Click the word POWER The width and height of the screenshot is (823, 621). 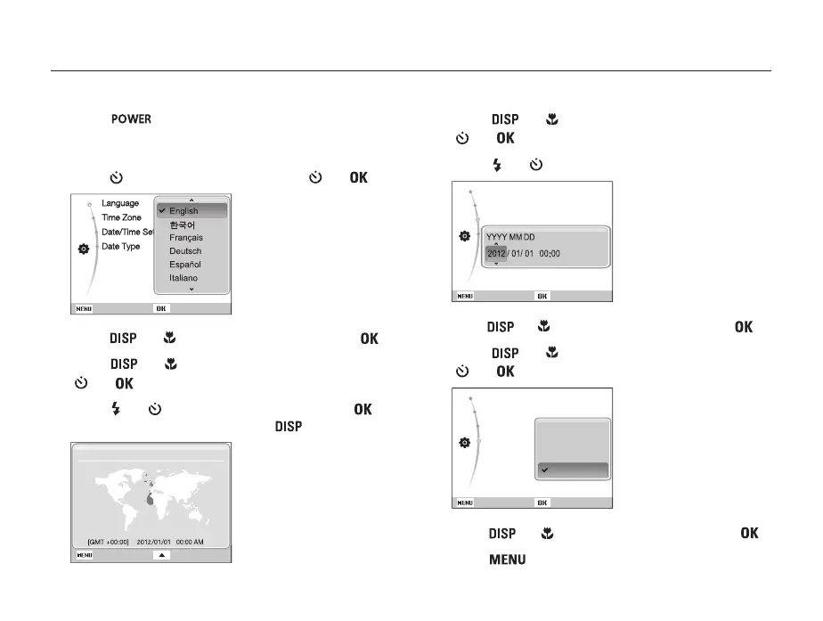click(x=131, y=119)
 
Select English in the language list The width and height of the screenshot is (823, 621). click(x=183, y=211)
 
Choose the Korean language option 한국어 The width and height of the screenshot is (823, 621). click(x=183, y=225)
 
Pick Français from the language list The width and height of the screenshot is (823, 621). click(x=186, y=238)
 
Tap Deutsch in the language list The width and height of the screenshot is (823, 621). click(x=185, y=251)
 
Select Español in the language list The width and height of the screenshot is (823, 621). click(x=185, y=265)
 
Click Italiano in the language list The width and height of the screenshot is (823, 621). click(x=184, y=278)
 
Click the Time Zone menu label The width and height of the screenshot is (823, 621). click(x=121, y=217)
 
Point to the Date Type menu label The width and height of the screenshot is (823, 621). click(x=120, y=246)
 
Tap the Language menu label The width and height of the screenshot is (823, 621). click(x=120, y=203)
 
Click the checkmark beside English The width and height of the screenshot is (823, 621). click(x=162, y=211)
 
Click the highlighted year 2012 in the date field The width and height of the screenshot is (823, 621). click(x=496, y=253)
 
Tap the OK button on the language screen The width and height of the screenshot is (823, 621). click(x=161, y=308)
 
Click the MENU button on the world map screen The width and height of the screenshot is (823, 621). click(x=85, y=554)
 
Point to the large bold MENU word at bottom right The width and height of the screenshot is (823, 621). click(x=505, y=560)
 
